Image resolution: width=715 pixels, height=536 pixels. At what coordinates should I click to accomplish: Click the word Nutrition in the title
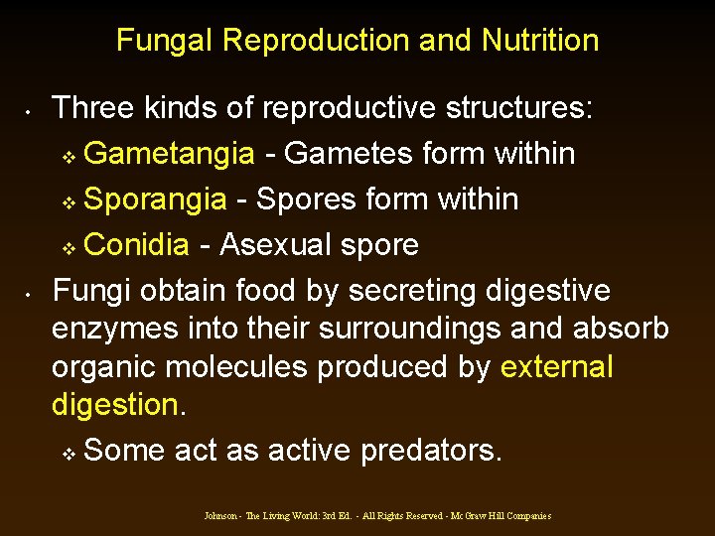[540, 41]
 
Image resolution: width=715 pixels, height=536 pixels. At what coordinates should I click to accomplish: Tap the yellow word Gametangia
[169, 154]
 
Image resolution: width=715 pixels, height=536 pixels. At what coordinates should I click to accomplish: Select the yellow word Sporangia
[155, 200]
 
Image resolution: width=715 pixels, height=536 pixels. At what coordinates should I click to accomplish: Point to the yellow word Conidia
[144, 244]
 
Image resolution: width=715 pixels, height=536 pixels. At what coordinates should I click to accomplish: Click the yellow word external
[557, 367]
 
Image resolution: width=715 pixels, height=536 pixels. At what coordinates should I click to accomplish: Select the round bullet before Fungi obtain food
[32, 294]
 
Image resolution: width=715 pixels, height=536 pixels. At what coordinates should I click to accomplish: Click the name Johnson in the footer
[221, 516]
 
